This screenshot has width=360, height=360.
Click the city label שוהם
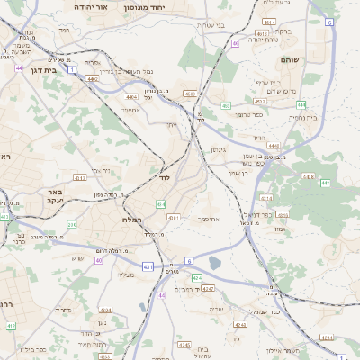pyautogui.click(x=301, y=60)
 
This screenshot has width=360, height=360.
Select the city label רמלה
pyautogui.click(x=120, y=220)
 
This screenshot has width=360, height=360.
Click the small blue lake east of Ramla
pyautogui.click(x=214, y=264)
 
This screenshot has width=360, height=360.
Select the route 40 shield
pyautogui.click(x=100, y=261)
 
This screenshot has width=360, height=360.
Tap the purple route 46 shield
pyautogui.click(x=236, y=42)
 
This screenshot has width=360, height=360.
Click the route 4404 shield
pyautogui.click(x=131, y=96)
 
